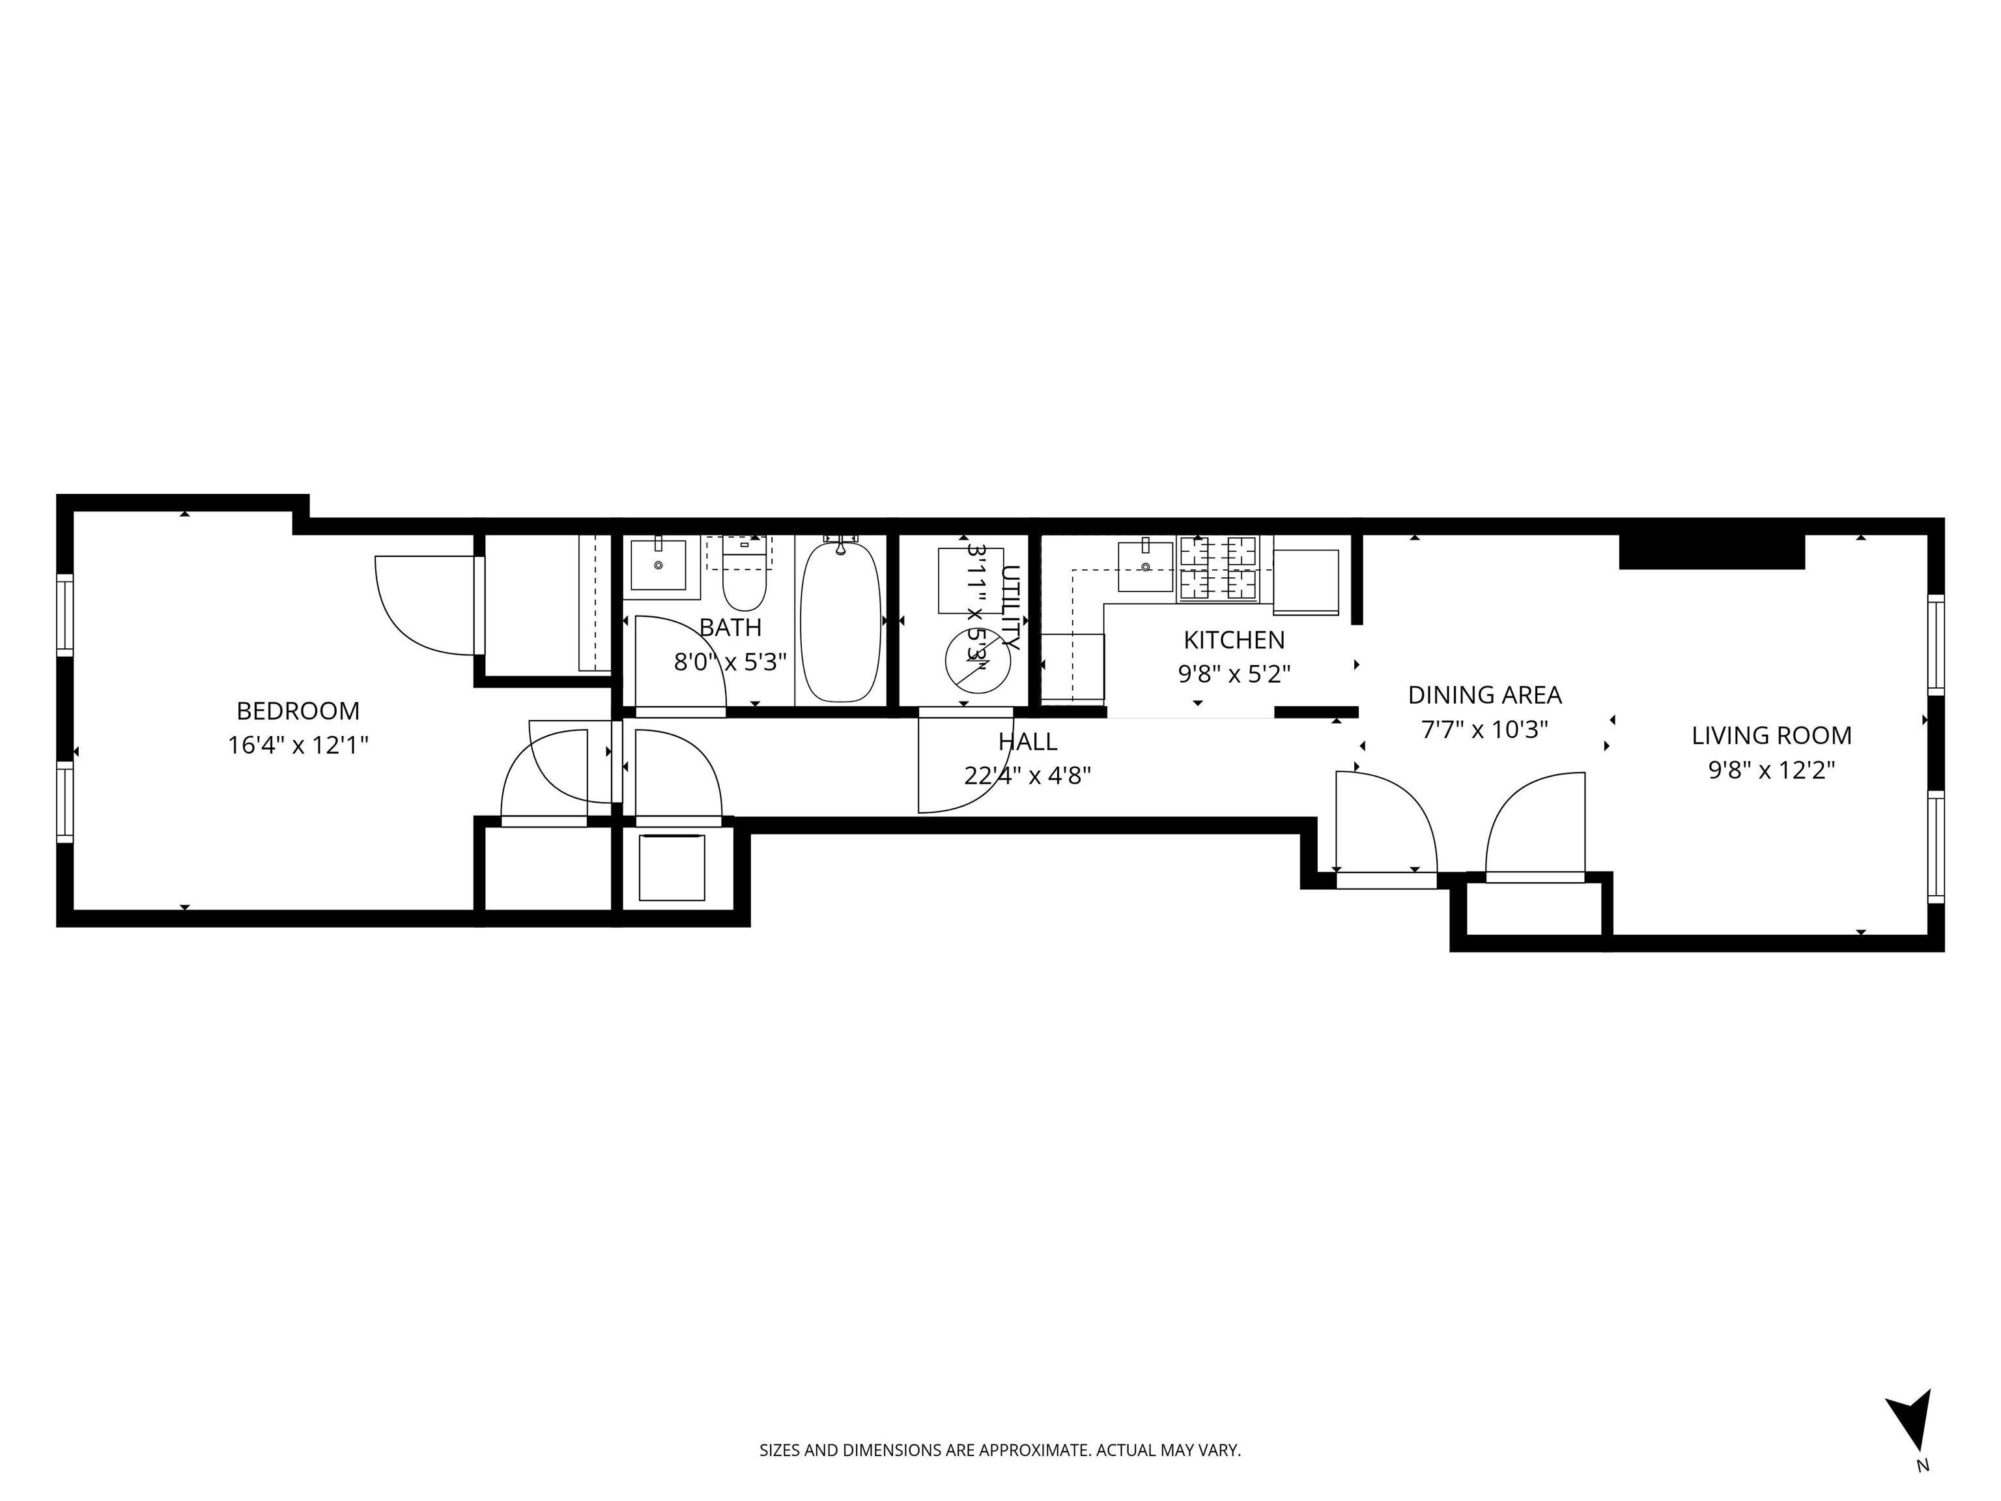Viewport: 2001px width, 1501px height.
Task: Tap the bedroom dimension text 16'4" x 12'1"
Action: tap(298, 745)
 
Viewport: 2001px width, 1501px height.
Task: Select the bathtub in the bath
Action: tap(840, 621)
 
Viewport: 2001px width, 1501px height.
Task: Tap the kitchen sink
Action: tap(1145, 565)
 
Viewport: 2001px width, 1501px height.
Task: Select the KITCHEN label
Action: tap(1234, 640)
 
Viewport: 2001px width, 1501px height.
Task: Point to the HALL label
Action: tap(1028, 742)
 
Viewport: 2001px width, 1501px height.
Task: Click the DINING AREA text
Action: tap(1484, 695)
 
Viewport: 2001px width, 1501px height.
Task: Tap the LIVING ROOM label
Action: tap(1771, 736)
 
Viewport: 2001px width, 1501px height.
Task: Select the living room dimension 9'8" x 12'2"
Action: tap(1771, 770)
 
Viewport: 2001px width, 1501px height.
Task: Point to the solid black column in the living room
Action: tap(1712, 552)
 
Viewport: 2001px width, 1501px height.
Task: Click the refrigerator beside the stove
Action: tap(1305, 582)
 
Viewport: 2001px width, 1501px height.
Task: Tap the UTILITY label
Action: tap(1010, 607)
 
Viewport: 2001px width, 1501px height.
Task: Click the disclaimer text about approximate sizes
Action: tap(1000, 1450)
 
